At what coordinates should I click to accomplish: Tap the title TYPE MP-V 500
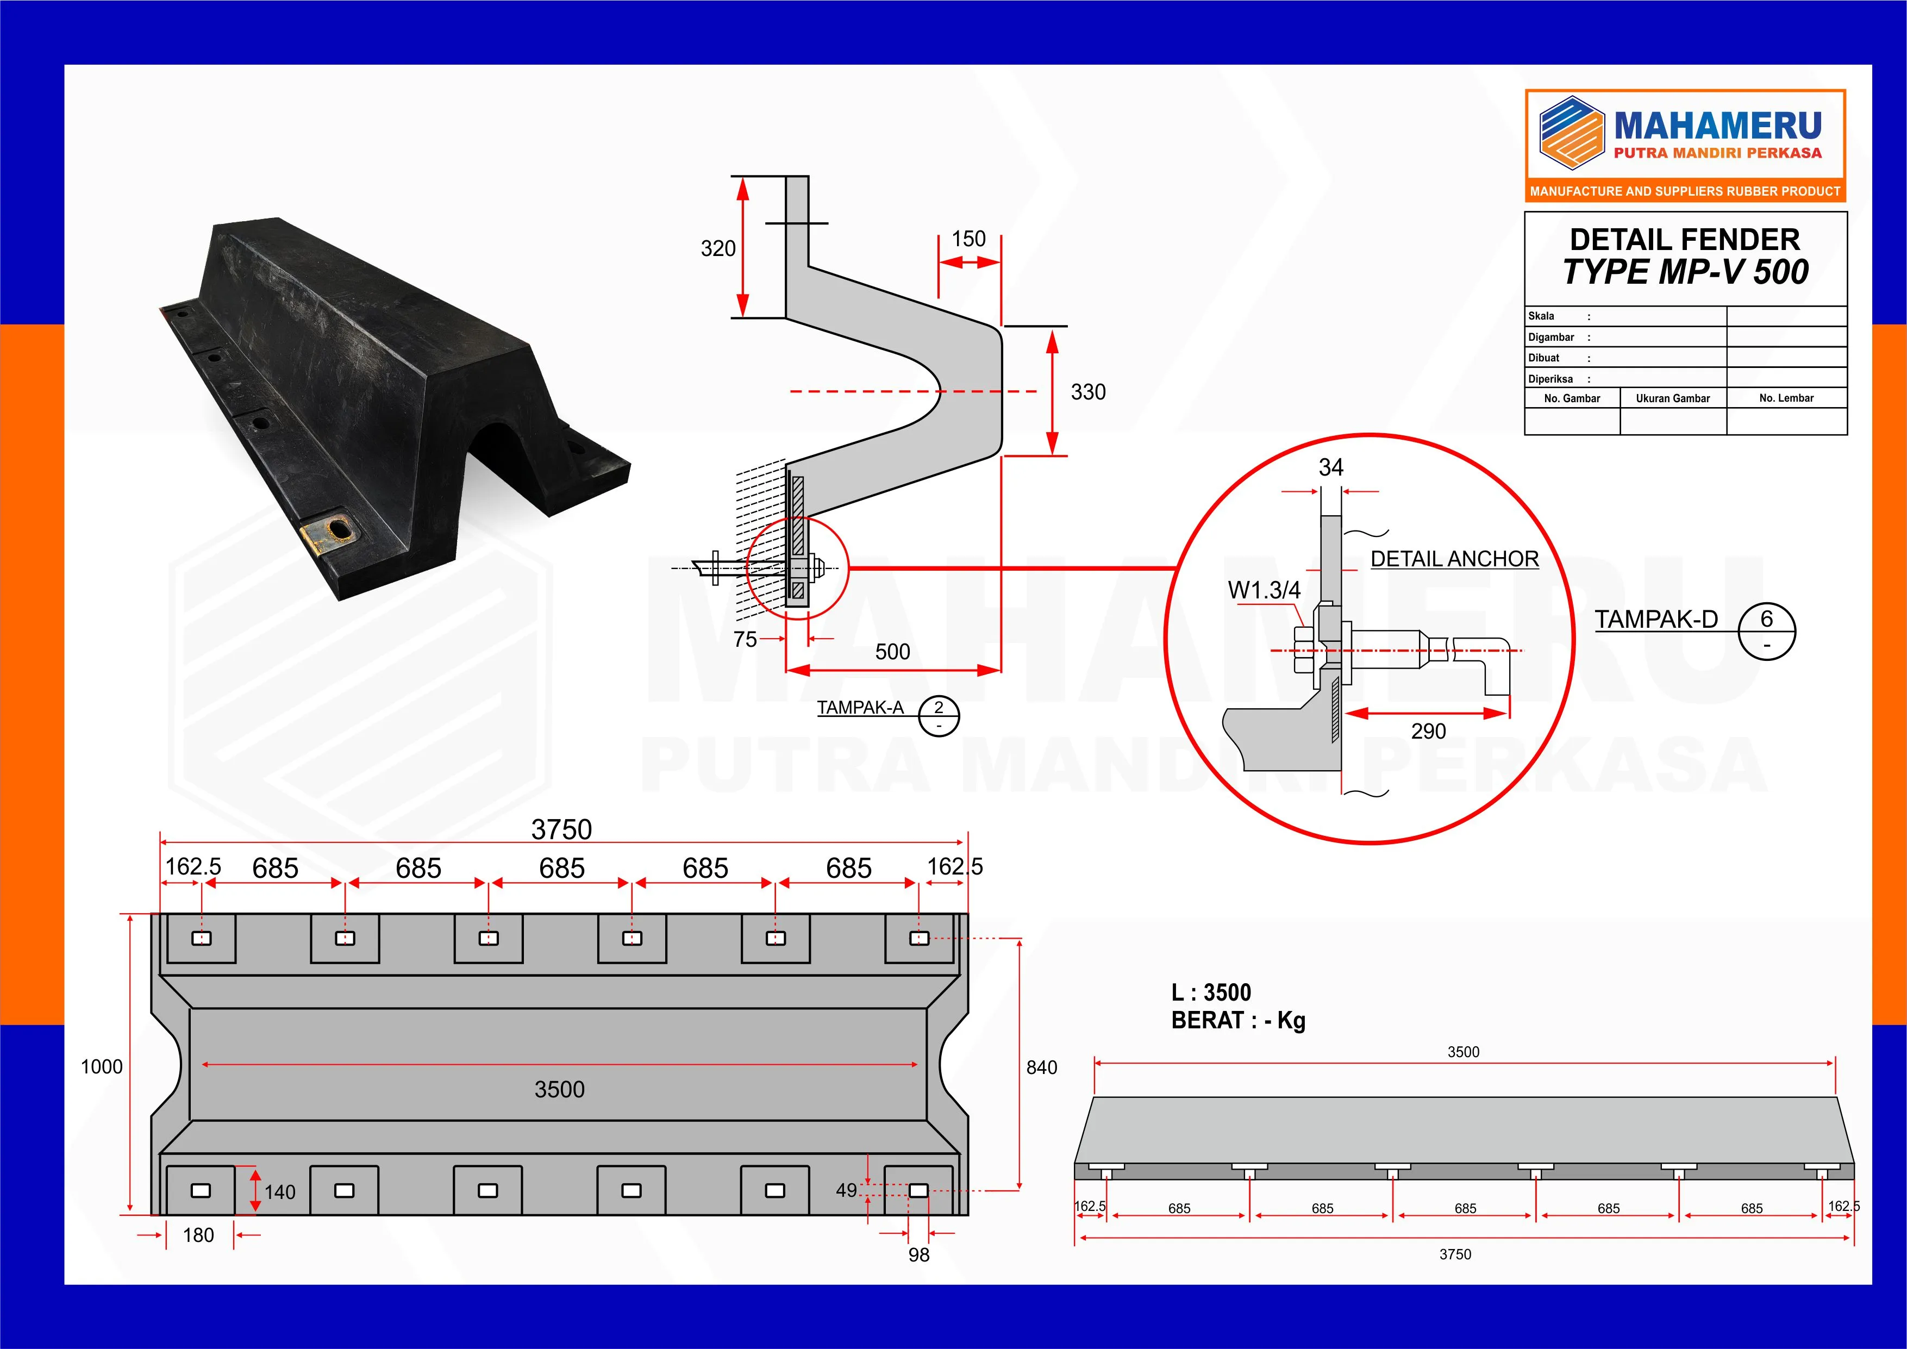[1685, 272]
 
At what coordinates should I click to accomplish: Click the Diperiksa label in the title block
[1550, 379]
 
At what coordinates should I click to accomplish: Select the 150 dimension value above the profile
[968, 239]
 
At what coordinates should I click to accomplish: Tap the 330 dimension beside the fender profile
[1088, 392]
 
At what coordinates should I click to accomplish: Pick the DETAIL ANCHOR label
[1454, 559]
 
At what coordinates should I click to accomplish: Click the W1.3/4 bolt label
[1264, 591]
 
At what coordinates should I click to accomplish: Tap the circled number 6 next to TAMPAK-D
[1767, 620]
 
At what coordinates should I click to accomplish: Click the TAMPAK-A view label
[860, 708]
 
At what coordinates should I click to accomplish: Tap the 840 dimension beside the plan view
[1042, 1068]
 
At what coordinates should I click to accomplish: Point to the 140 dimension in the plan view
[280, 1193]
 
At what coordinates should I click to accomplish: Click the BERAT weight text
[1237, 1021]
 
